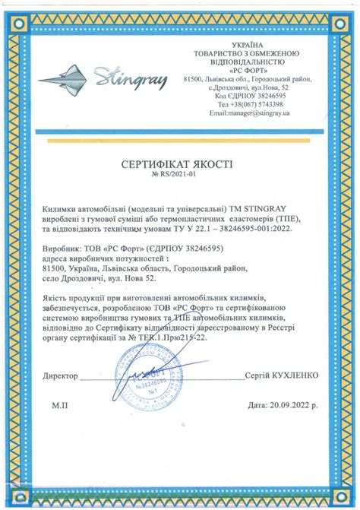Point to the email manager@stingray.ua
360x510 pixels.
pos(251,112)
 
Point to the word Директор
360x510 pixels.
pos(61,375)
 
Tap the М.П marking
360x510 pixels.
pos(61,407)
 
